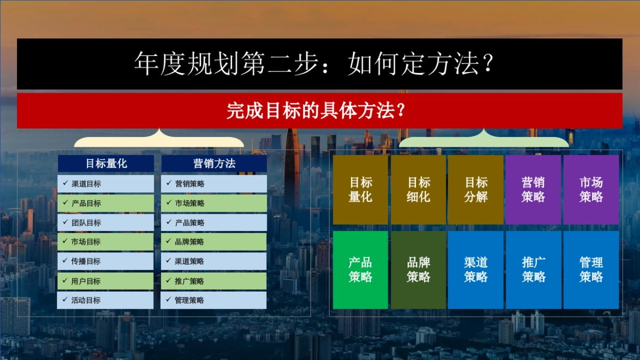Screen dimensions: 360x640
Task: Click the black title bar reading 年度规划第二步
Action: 319,64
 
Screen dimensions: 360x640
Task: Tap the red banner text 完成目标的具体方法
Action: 319,111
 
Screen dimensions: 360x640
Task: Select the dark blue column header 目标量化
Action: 106,164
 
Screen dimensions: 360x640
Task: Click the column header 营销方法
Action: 214,164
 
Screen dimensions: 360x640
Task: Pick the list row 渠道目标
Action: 106,184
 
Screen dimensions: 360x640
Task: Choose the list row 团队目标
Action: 106,222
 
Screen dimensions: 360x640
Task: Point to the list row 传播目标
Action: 106,261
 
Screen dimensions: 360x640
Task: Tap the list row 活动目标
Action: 106,300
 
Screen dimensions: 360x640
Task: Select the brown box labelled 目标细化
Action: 418,189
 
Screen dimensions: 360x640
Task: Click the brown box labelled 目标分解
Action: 476,189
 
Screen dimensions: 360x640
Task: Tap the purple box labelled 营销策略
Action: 533,189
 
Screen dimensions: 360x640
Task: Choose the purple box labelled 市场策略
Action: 591,189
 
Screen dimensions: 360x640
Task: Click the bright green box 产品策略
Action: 361,270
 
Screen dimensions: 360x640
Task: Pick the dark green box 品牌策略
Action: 418,270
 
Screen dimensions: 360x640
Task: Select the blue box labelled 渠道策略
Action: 476,270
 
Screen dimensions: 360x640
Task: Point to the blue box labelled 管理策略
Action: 591,270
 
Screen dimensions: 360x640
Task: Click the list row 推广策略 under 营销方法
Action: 214,281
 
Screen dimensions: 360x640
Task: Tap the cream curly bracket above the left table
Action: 159,140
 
